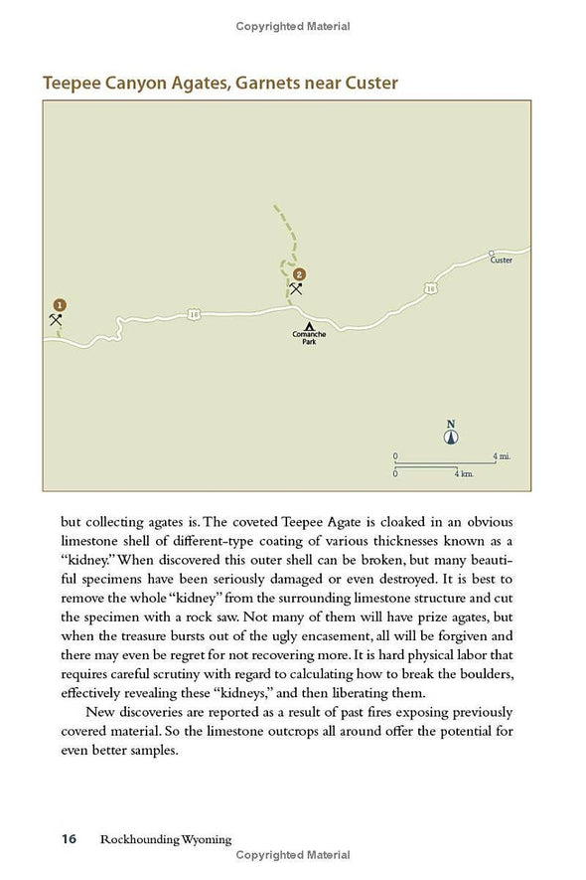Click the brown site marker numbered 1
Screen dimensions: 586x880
click(x=59, y=304)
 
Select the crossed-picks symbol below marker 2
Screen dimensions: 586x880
click(x=295, y=289)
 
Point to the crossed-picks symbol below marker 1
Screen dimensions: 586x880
click(x=56, y=319)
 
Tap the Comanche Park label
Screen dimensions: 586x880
click(x=309, y=337)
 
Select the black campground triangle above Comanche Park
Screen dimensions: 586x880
click(x=310, y=325)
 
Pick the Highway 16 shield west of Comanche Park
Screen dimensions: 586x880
click(x=195, y=315)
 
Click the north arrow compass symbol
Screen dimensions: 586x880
click(x=451, y=434)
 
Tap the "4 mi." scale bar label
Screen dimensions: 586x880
click(x=502, y=455)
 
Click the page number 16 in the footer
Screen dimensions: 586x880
click(x=69, y=839)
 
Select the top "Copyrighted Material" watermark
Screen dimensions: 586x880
click(x=293, y=26)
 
